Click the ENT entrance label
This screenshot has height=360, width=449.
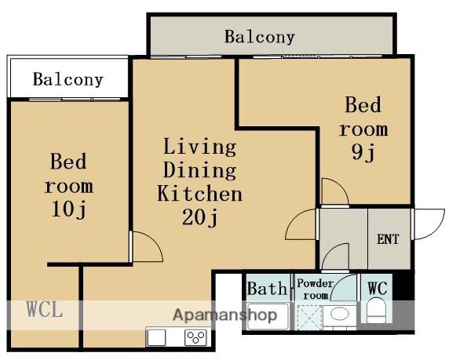click(388, 239)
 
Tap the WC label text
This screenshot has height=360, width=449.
click(378, 288)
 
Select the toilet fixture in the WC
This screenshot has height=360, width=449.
click(376, 311)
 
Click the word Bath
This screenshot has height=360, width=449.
click(267, 289)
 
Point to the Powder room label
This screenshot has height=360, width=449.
click(315, 289)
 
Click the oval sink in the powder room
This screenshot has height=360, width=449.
click(340, 314)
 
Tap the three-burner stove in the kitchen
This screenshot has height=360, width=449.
click(195, 337)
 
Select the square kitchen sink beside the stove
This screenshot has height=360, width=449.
click(156, 337)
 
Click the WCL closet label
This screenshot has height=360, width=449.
click(45, 309)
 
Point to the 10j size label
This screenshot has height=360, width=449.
click(69, 209)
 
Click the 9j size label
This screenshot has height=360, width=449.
click(363, 152)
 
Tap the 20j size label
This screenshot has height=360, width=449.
click(200, 217)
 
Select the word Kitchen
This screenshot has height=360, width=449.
click(200, 194)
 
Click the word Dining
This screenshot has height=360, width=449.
click(200, 170)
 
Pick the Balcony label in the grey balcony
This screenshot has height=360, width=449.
click(260, 37)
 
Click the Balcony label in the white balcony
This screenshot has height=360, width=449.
click(68, 79)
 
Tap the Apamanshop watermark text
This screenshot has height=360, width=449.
click(225, 315)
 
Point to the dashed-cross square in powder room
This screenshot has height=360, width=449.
click(309, 318)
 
